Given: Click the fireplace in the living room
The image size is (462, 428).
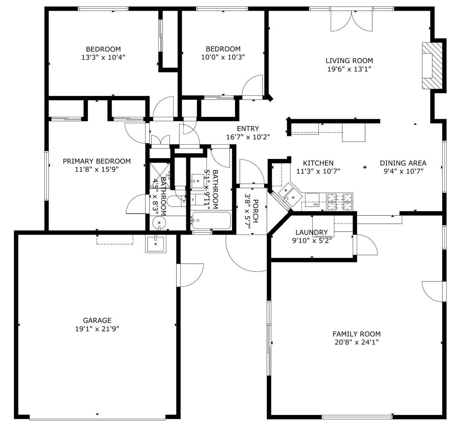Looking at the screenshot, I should pos(431,66).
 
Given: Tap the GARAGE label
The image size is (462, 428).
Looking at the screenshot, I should pos(97,320).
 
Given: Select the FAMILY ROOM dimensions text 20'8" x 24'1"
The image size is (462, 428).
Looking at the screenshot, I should pos(356,342).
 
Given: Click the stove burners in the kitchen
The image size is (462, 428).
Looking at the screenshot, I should pos(340,201).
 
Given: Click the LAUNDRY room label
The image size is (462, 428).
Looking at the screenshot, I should pos(312,232).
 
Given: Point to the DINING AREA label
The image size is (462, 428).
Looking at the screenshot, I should pos(403,163).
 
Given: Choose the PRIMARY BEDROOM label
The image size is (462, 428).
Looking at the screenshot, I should pos(97,161).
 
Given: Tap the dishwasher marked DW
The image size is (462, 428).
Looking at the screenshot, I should pos(315,205).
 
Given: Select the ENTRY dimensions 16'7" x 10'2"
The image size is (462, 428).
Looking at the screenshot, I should pos(248,137).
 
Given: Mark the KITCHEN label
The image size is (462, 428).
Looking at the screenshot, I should pos(318,163).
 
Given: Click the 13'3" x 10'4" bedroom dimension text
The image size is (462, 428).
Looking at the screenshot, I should pos(103,57).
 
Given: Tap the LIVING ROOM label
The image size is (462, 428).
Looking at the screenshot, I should pos(349,61).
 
